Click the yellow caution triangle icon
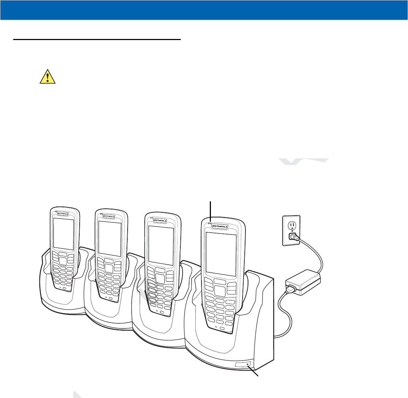point(47,76)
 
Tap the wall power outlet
point(291,230)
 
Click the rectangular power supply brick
point(303,282)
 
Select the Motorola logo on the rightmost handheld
point(220,226)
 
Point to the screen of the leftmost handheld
point(64,234)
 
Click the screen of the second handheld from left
point(110,238)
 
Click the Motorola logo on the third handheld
point(160,220)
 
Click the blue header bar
point(204,10)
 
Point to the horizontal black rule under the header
point(97,39)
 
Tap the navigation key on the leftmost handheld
point(62,260)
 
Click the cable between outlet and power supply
point(317,255)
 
